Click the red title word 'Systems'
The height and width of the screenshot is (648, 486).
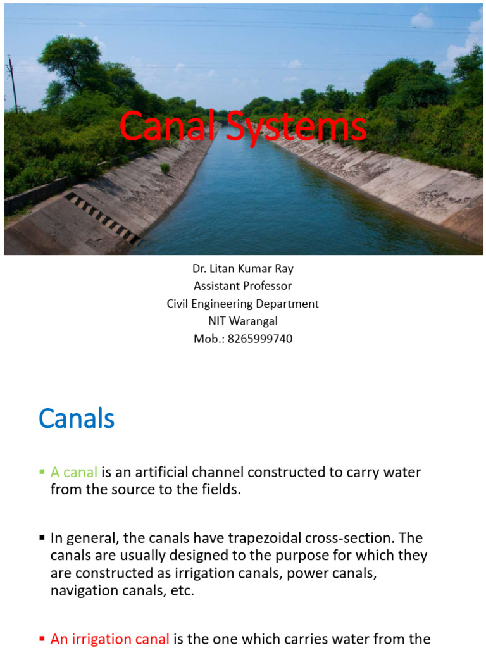(296, 127)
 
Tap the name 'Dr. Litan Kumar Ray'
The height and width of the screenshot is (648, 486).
(243, 268)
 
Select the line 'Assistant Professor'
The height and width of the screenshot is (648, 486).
(243, 286)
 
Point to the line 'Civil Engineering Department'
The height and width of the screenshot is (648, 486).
(243, 304)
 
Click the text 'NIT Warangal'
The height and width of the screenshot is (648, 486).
(243, 321)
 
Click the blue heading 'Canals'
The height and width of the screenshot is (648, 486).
(77, 419)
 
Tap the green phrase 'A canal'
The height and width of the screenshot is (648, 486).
(74, 472)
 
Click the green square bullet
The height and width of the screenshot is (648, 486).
(42, 472)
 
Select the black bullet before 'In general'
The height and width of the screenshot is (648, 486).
(42, 539)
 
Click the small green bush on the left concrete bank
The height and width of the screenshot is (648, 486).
(165, 168)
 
